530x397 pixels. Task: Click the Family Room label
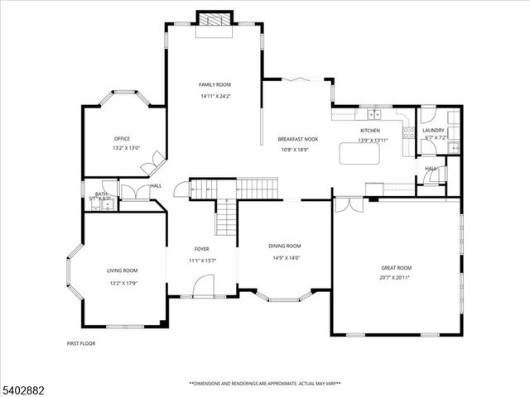[x=214, y=84]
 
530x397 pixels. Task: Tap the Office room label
[x=122, y=138]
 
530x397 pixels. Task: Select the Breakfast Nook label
[x=297, y=139]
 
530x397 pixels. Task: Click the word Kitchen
[x=369, y=131]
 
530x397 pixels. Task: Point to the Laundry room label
[x=433, y=130]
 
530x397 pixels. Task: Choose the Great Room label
[x=396, y=267]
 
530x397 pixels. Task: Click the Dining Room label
[x=284, y=246]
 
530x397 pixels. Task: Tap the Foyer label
[x=202, y=249]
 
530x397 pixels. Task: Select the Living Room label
[x=122, y=270]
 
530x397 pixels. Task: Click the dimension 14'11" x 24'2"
[x=214, y=97]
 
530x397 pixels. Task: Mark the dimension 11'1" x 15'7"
[x=202, y=261]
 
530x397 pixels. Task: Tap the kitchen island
[x=361, y=154]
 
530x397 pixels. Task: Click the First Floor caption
[x=80, y=342]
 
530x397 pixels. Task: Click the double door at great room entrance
[x=349, y=203]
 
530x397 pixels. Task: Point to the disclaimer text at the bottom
[x=264, y=384]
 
